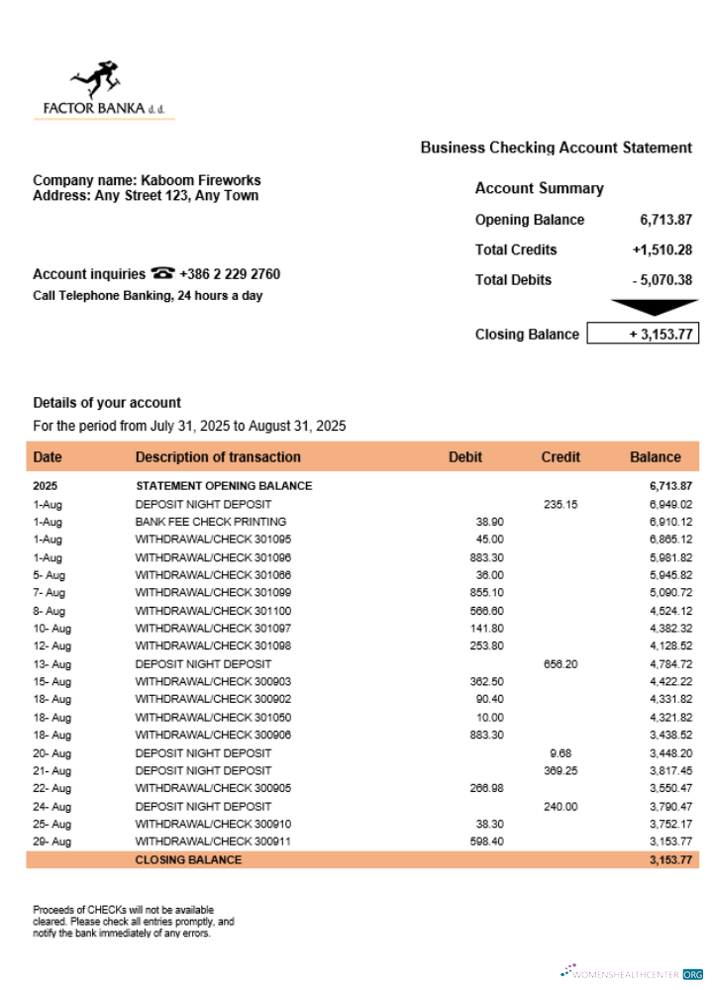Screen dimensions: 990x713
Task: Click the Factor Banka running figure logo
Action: click(95, 79)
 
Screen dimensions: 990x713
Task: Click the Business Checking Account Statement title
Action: click(556, 148)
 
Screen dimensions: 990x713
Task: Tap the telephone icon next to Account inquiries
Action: click(163, 274)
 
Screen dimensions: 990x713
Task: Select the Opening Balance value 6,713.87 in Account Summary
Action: click(665, 220)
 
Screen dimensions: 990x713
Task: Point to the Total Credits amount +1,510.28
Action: click(662, 249)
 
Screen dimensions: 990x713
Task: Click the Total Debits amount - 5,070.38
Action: click(662, 279)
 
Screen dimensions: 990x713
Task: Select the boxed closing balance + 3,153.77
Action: click(644, 334)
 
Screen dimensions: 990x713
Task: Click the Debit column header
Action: click(465, 456)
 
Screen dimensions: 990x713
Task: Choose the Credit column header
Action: click(560, 456)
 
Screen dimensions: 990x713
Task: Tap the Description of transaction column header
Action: click(218, 456)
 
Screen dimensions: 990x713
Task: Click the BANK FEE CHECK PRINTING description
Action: click(211, 522)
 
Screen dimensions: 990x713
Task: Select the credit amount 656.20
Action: click(560, 663)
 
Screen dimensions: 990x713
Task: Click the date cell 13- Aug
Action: click(51, 663)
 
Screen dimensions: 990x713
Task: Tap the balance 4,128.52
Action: click(670, 645)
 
